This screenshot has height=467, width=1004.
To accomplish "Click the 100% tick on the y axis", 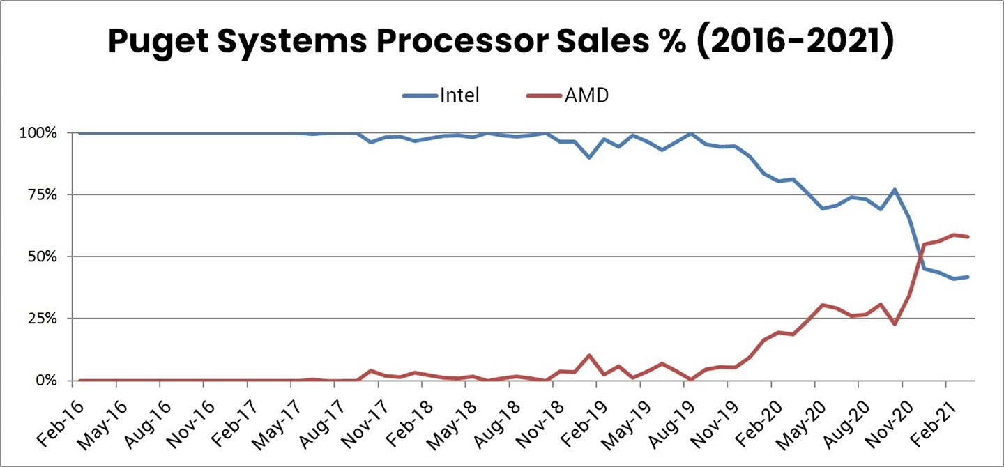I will (x=45, y=132).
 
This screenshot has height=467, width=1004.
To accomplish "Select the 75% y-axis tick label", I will (x=50, y=194).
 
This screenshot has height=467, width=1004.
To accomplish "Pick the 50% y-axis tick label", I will (x=50, y=257).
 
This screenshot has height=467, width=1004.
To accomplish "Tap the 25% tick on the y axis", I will (x=50, y=319).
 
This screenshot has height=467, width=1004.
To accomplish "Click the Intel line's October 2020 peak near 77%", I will (x=895, y=190).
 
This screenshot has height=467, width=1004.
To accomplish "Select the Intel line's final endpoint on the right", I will (x=967, y=277).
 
